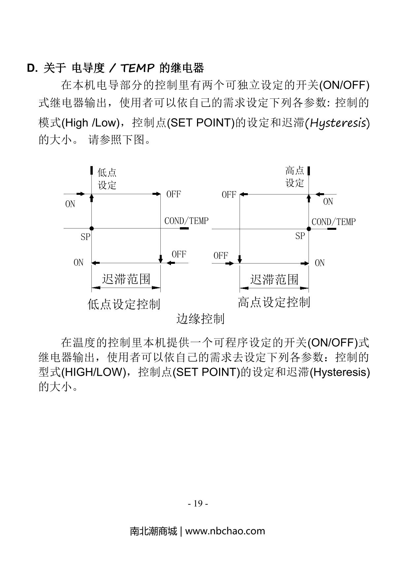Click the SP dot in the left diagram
91,228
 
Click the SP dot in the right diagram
309,228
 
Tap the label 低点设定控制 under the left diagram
124,304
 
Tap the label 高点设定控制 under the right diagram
274,302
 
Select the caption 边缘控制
200,319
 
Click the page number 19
198,503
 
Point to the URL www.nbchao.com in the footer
225,531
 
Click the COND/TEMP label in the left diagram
186,221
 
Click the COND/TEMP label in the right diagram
334,222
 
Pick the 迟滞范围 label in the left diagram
126,279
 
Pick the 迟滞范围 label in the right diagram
274,279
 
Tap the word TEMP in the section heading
138,68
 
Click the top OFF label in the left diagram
174,194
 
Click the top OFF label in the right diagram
229,194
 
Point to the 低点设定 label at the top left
107,179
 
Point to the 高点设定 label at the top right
294,177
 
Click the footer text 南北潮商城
153,531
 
